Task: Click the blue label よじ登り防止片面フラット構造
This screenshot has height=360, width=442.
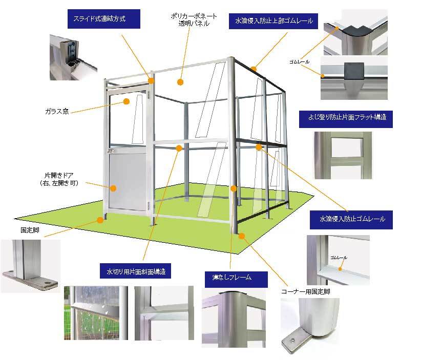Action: (346, 117)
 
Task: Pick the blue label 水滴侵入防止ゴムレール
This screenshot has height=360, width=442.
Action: (352, 219)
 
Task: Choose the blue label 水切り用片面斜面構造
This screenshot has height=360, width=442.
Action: (135, 270)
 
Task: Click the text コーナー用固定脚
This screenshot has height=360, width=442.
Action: (305, 291)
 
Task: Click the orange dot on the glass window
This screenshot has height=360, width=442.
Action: (126, 102)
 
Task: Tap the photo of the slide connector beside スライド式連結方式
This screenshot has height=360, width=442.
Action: (72, 57)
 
